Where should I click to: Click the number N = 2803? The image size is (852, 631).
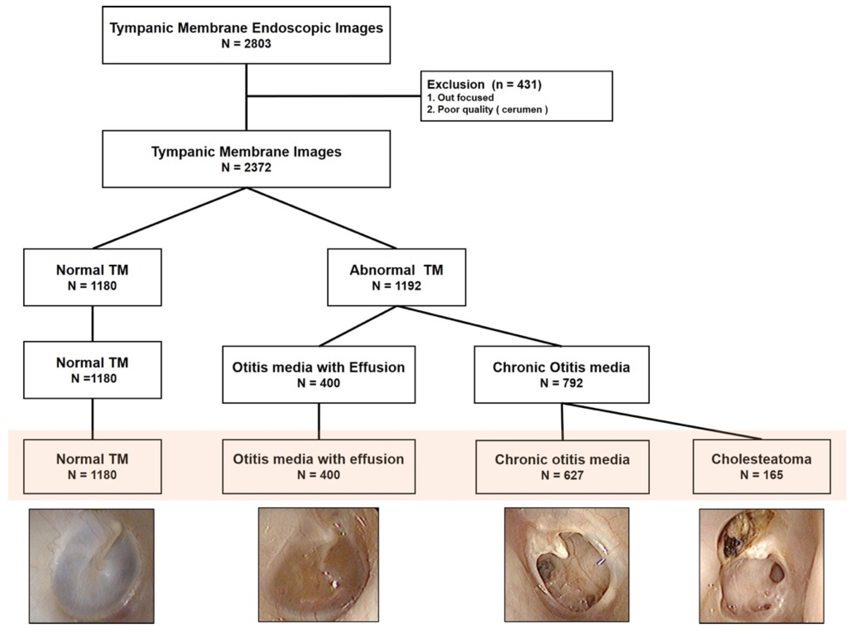(246, 44)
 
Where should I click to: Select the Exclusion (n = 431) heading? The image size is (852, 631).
(484, 84)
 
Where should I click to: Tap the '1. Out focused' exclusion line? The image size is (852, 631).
(460, 97)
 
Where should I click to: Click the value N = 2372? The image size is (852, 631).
(246, 167)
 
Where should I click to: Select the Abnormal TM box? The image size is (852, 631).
(396, 277)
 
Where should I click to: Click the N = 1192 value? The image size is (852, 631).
(396, 286)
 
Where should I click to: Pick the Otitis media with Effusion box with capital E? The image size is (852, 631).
(319, 374)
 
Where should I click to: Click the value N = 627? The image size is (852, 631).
(562, 475)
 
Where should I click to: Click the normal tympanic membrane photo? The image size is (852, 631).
(92, 566)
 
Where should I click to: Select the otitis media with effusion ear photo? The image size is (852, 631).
(318, 565)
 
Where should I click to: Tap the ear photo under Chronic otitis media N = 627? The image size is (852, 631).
(566, 565)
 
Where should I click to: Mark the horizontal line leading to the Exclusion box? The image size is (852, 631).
(333, 96)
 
